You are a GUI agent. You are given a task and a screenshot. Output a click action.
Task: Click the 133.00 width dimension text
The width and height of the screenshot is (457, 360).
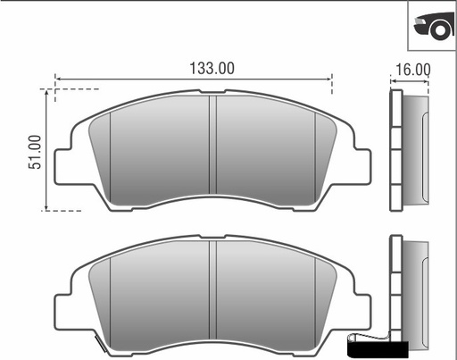(212, 68)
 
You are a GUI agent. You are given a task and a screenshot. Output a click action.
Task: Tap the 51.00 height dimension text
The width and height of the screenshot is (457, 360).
(35, 153)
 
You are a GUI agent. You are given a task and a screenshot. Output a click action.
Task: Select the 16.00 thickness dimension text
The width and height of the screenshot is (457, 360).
(411, 70)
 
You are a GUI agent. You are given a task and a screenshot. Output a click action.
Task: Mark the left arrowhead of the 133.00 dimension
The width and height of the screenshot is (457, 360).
(59, 78)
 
